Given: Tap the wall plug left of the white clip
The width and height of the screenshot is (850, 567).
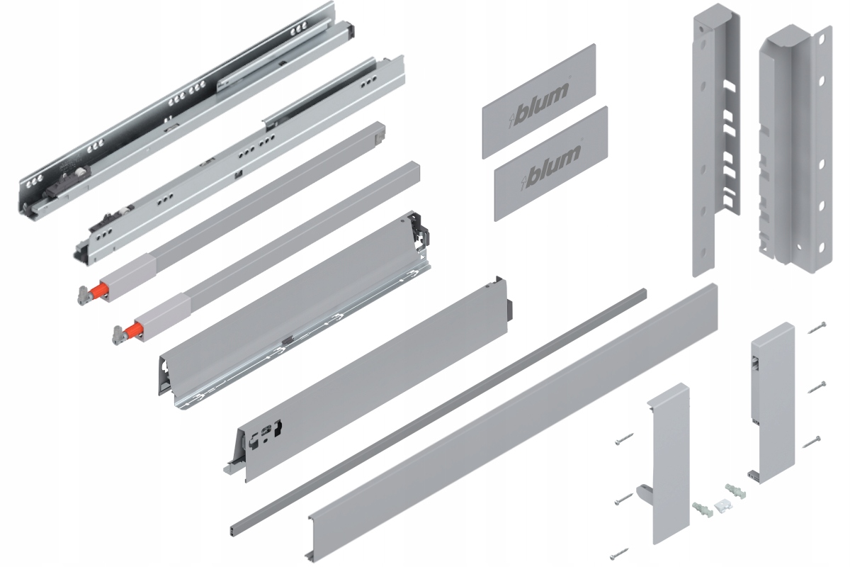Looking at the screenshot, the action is tap(702, 510).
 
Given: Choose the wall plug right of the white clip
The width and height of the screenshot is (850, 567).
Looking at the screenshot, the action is tap(735, 491).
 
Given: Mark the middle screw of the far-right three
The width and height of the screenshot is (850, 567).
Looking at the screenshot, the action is tap(816, 387).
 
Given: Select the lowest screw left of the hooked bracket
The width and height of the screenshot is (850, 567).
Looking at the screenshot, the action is tap(619, 554).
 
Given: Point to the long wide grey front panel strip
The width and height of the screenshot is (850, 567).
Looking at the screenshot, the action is tap(512, 422).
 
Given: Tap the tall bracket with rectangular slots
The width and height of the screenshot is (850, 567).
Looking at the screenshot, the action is tap(717, 140).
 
